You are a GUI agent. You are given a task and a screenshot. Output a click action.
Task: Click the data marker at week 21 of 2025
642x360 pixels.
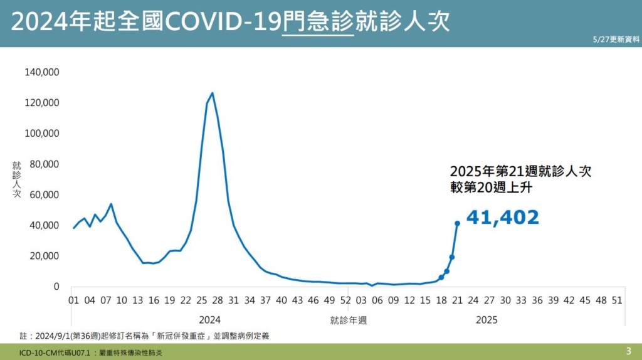point(457,223)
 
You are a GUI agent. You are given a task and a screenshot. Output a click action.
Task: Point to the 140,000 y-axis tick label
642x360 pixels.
point(42,72)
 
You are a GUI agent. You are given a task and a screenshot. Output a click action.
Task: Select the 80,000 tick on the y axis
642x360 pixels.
point(45,164)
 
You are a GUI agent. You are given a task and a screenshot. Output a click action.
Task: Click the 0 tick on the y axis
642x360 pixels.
point(56,287)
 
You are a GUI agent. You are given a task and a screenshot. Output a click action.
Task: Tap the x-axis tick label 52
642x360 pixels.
point(345,300)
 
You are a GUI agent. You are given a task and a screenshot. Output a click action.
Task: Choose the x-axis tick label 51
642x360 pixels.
point(617,300)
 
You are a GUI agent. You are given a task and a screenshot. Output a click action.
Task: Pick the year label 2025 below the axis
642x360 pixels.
point(487,320)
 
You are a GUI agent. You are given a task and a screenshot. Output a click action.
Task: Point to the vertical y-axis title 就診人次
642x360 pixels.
point(17,180)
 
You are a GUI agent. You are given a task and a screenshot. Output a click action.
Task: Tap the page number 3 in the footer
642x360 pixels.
point(628,351)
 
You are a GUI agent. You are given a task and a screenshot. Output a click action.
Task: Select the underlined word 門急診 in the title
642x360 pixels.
point(318,23)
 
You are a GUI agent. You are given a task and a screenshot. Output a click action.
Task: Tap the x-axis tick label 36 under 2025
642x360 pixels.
point(537,300)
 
